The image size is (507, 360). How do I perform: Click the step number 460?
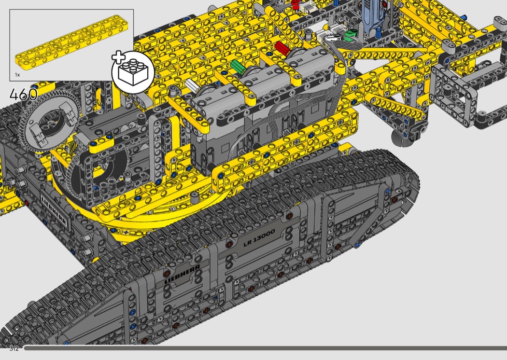click(x=23, y=95)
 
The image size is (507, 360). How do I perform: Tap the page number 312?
click(x=14, y=348)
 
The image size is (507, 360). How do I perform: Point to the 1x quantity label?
click(x=17, y=75)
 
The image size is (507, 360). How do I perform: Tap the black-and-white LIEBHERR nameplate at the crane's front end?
click(x=54, y=210)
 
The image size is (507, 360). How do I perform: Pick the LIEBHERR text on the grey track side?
click(x=182, y=274)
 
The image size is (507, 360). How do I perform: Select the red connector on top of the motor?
click(x=282, y=48)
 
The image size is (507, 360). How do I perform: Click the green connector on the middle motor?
click(x=238, y=67)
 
